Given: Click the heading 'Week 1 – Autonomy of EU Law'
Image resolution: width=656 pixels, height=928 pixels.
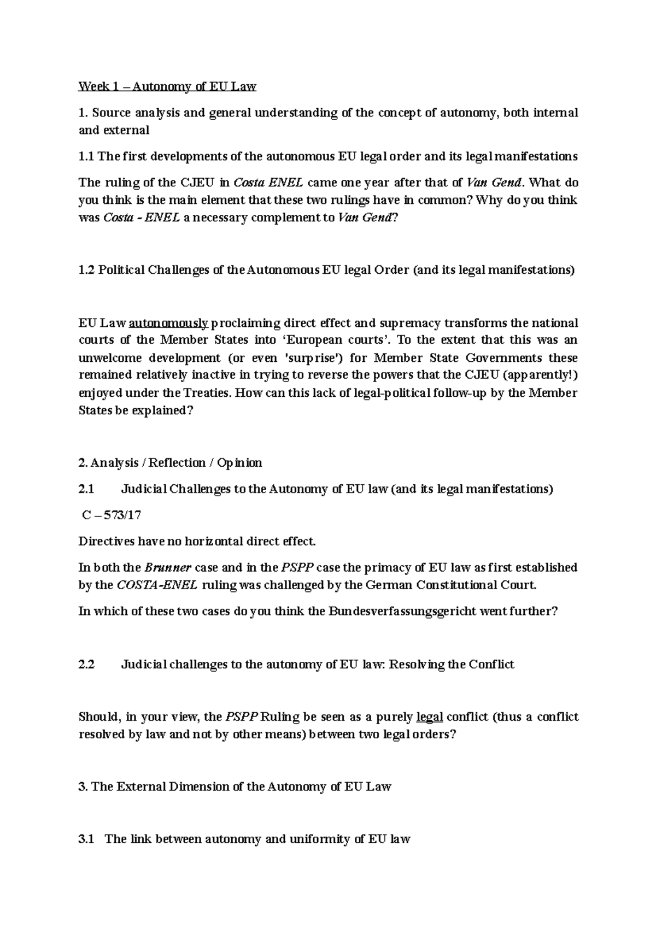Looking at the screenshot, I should coord(167,86).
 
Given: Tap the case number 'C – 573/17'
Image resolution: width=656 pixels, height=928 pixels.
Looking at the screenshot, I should coord(111,515).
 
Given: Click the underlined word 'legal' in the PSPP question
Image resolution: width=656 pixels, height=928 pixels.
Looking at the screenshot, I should coord(429,717).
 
